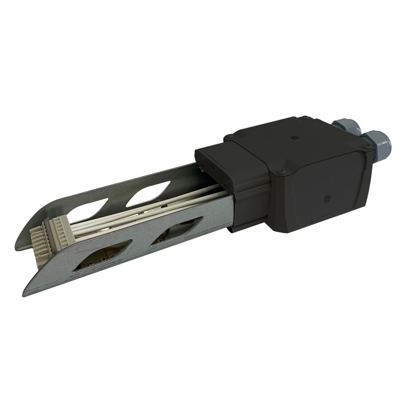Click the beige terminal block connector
point(48,235)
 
